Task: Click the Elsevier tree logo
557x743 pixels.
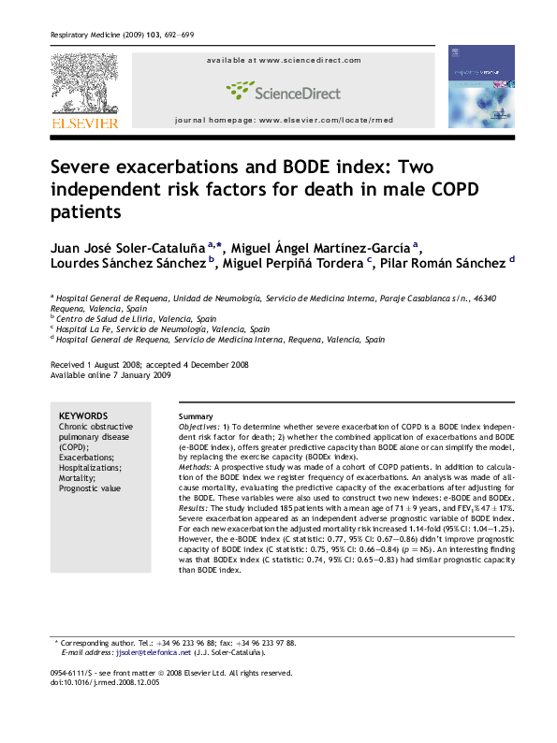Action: point(83,84)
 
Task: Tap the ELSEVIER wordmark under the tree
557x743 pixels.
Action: point(83,123)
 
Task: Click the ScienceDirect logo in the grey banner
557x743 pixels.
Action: point(283,92)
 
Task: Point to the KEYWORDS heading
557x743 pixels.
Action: point(83,416)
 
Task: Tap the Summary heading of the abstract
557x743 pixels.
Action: point(196,416)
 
